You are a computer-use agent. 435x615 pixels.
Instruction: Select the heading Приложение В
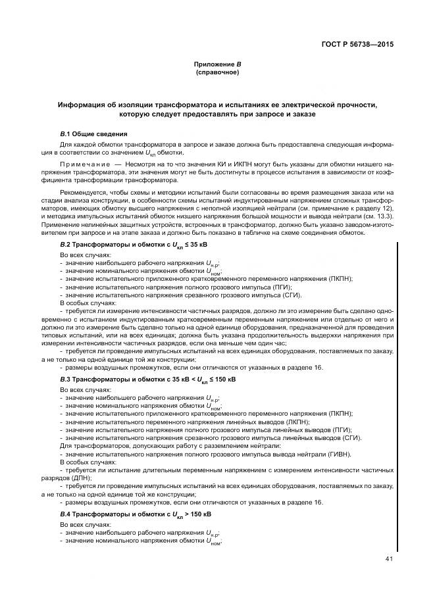click(217, 64)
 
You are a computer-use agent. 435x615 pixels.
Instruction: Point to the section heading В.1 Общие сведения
click(93, 134)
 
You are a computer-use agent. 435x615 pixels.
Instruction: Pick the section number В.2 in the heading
click(66, 245)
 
